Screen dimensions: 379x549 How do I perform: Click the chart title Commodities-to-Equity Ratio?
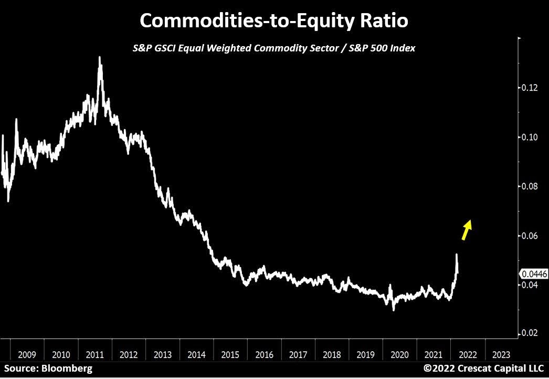(274, 21)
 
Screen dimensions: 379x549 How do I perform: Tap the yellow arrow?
(467, 229)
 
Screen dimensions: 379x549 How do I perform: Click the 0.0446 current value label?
(533, 273)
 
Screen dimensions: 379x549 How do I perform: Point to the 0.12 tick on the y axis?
(531, 88)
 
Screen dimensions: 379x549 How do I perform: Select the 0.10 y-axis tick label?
(531, 137)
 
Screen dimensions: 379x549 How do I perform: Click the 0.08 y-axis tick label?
(531, 186)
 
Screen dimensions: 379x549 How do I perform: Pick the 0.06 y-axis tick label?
(531, 236)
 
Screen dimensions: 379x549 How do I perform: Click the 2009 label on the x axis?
(27, 354)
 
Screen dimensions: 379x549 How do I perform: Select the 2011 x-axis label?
(95, 354)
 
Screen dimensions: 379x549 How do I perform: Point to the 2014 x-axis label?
(197, 354)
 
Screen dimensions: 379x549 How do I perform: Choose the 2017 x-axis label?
(298, 354)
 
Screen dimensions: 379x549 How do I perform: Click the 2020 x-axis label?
(400, 354)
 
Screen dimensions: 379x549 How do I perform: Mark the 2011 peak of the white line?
(100, 58)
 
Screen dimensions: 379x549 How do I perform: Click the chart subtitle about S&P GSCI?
(274, 48)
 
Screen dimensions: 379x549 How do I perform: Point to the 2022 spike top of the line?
(457, 255)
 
